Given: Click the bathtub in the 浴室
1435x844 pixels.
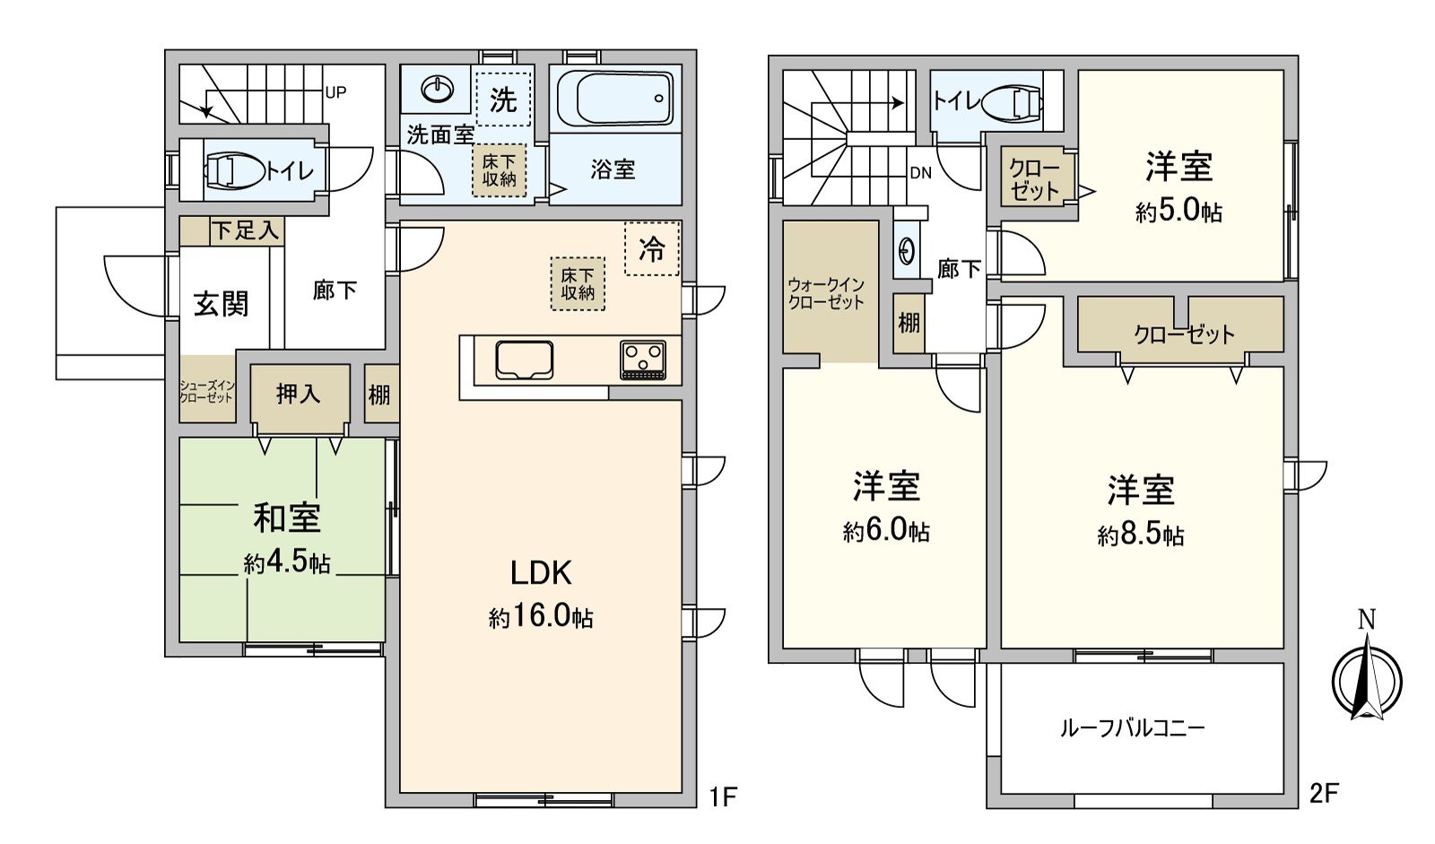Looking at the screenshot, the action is pos(615,99).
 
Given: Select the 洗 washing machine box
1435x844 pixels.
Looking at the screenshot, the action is pos(503,100).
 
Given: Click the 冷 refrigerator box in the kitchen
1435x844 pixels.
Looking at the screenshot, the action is pos(652,248).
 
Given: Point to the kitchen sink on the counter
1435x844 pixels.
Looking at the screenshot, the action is pos(524,360).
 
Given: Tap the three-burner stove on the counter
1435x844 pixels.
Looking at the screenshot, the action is pos(642,361).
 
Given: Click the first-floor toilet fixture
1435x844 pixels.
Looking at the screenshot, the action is pos(235,170).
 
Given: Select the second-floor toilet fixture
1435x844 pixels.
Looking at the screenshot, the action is pos(1013,102).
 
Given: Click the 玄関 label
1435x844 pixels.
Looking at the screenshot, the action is pos(222,304).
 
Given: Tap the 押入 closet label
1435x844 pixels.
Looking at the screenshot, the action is pos(299,394).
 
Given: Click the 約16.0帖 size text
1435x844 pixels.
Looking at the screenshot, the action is pos(541,617).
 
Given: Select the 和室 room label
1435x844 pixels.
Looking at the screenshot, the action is pos(286,518).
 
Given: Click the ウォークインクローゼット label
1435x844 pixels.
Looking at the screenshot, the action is pos(826,293).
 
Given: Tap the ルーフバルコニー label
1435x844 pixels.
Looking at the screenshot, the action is pos(1133,728).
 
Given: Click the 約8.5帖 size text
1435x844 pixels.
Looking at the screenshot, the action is pos(1141,535).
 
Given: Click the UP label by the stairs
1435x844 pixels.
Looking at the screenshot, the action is pos(335,92).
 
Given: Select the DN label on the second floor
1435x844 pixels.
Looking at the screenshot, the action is pos(920,173).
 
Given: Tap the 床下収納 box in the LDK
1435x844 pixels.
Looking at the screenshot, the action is pos(578,284).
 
